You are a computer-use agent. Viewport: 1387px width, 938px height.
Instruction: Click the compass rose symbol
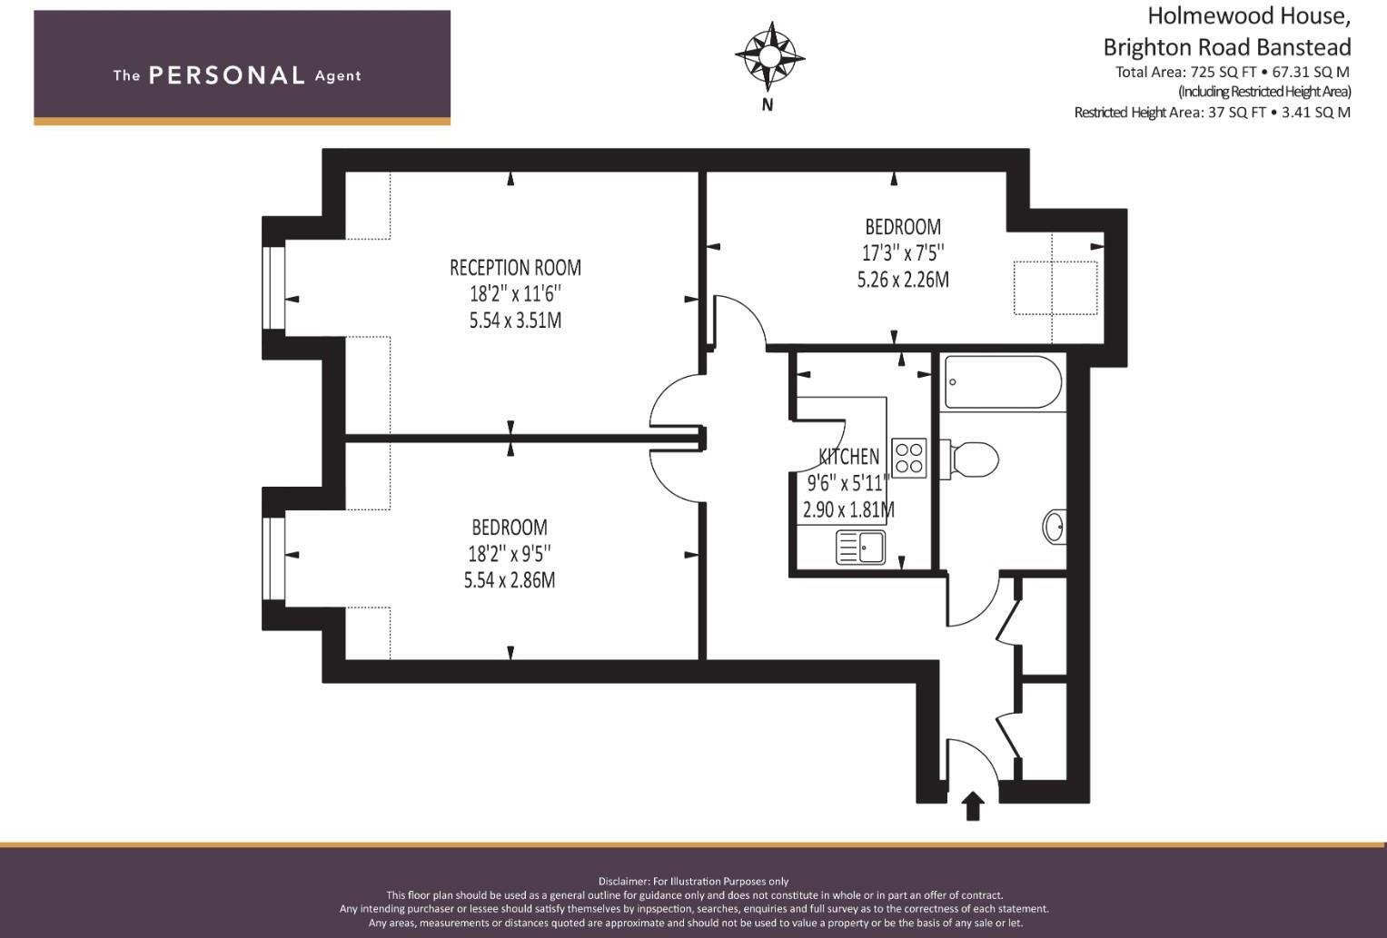pyautogui.click(x=769, y=57)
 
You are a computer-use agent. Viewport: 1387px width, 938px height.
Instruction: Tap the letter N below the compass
pyautogui.click(x=768, y=105)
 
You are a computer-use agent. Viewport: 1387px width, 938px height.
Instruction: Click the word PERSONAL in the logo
pyautogui.click(x=227, y=75)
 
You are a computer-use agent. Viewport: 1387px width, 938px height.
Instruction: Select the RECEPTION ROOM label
pyautogui.click(x=515, y=268)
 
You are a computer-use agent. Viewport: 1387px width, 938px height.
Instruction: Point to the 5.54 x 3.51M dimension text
pyautogui.click(x=515, y=321)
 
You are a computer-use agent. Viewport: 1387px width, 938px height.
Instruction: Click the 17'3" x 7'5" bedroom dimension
pyautogui.click(x=903, y=253)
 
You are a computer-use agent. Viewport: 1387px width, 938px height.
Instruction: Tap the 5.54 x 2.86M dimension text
pyautogui.click(x=510, y=580)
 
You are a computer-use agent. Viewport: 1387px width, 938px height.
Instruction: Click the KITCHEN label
pyautogui.click(x=849, y=457)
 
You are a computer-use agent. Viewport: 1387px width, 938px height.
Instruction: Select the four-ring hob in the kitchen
pyautogui.click(x=909, y=459)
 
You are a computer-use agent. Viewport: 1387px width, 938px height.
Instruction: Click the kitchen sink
pyautogui.click(x=861, y=548)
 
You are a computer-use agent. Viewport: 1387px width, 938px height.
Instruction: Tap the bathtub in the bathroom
pyautogui.click(x=1003, y=382)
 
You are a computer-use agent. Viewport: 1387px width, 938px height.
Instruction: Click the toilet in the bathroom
pyautogui.click(x=970, y=459)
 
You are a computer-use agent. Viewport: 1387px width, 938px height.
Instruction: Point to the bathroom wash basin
pyautogui.click(x=1054, y=527)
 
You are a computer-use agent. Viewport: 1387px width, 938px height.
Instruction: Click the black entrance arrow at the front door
pyautogui.click(x=973, y=805)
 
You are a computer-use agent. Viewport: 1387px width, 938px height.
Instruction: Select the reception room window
pyautogui.click(x=273, y=288)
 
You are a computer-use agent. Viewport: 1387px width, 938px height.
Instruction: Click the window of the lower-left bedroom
pyautogui.click(x=273, y=558)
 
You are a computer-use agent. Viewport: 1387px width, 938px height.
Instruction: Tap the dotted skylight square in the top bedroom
pyautogui.click(x=1055, y=288)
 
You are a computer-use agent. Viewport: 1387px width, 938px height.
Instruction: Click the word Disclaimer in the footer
pyautogui.click(x=623, y=881)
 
